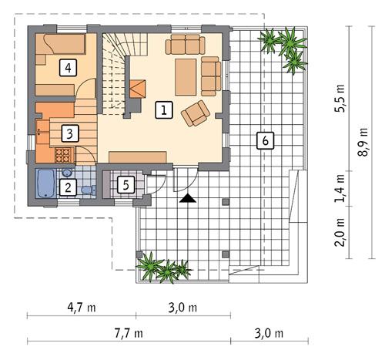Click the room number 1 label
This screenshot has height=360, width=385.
pyautogui.click(x=164, y=110)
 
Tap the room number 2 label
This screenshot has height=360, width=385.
pyautogui.click(x=68, y=187)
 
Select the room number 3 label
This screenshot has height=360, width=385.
pyautogui.click(x=70, y=133)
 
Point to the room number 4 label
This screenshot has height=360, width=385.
pyautogui.click(x=68, y=68)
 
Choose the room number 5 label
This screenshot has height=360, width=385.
pyautogui.click(x=126, y=185)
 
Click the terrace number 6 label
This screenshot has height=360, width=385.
pyautogui.click(x=266, y=140)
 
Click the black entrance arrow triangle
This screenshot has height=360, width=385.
pyautogui.click(x=188, y=198)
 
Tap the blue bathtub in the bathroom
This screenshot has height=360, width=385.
pyautogui.click(x=45, y=183)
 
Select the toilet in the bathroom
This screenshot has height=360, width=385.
pyautogui.click(x=89, y=190)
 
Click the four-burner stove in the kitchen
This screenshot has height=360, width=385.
pyautogui.click(x=64, y=155)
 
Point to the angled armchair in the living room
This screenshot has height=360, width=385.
pyautogui.click(x=196, y=113)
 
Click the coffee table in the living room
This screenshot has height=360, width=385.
pyautogui.click(x=186, y=77)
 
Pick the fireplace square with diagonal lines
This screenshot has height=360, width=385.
pyautogui.click(x=138, y=89)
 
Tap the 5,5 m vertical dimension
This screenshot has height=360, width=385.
pyautogui.click(x=340, y=99)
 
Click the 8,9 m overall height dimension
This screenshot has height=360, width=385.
pyautogui.click(x=363, y=142)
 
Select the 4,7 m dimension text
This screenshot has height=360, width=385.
pyautogui.click(x=82, y=308)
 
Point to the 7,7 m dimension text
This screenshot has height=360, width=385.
pyautogui.click(x=129, y=333)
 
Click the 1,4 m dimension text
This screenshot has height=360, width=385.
pyautogui.click(x=340, y=188)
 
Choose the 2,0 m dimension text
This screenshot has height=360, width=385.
pyautogui.click(x=340, y=233)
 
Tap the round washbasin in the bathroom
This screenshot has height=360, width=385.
pyautogui.click(x=67, y=173)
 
